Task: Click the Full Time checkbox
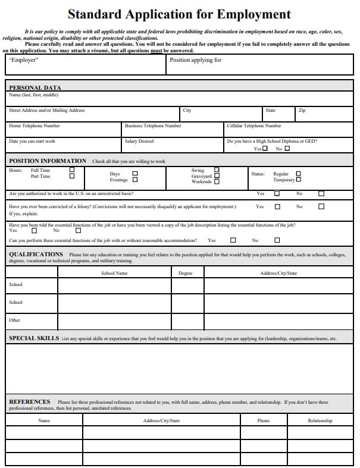pyautogui.click(x=72, y=170)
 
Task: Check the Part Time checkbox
pyautogui.click(x=72, y=176)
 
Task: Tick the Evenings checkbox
pyautogui.click(x=135, y=180)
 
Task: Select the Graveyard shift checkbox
pyautogui.click(x=217, y=176)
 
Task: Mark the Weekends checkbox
pyautogui.click(x=217, y=181)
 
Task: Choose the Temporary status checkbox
pyautogui.click(x=299, y=180)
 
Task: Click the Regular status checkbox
pyautogui.click(x=299, y=174)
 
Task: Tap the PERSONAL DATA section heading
pyautogui.click(x=35, y=87)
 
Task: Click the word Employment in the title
pyautogui.click(x=253, y=14)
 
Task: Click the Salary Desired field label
pyautogui.click(x=139, y=142)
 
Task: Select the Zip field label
pyautogui.click(x=302, y=111)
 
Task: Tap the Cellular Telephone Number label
pyautogui.click(x=254, y=126)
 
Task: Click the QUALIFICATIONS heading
pyautogui.click(x=36, y=254)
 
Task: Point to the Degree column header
pyautogui.click(x=186, y=273)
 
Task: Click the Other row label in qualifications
pyautogui.click(x=15, y=320)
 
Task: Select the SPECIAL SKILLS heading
pyautogui.click(x=34, y=338)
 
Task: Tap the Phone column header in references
pyautogui.click(x=264, y=420)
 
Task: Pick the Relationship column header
pyautogui.click(x=320, y=420)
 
